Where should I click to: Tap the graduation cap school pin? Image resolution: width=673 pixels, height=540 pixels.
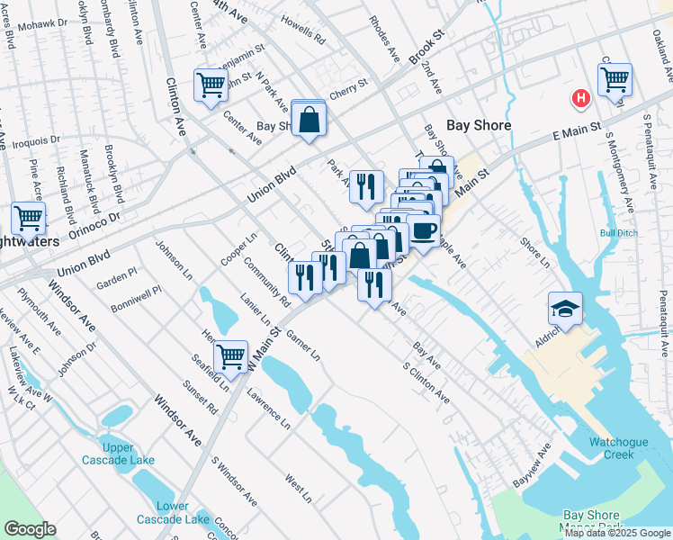[x=565, y=309]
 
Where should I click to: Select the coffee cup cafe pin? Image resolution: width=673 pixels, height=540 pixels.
[x=423, y=230]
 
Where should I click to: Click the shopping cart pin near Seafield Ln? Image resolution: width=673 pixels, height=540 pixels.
[x=231, y=356]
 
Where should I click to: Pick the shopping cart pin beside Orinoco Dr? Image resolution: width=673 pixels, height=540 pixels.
[x=28, y=218]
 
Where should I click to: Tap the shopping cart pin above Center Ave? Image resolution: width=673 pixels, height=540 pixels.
[x=211, y=85]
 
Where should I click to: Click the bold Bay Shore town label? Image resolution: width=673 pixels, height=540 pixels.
[x=480, y=126]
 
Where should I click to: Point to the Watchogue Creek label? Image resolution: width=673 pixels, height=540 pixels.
[x=624, y=448]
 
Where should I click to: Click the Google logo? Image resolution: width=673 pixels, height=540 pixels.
[x=30, y=529]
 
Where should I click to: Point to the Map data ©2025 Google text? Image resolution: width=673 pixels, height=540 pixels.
[x=617, y=533]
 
